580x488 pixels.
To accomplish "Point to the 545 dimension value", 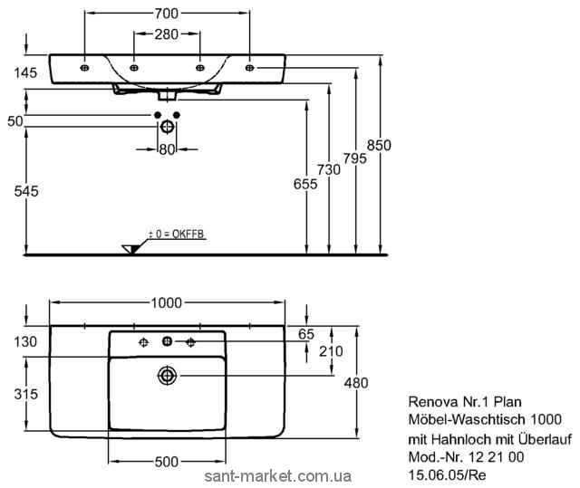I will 24,191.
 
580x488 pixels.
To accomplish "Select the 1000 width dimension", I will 167,302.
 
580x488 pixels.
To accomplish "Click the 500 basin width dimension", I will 165,462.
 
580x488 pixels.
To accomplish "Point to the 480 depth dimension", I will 356,383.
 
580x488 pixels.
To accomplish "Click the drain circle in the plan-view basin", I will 167,375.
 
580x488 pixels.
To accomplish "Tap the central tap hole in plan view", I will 167,341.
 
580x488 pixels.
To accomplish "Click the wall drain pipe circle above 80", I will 167,128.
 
